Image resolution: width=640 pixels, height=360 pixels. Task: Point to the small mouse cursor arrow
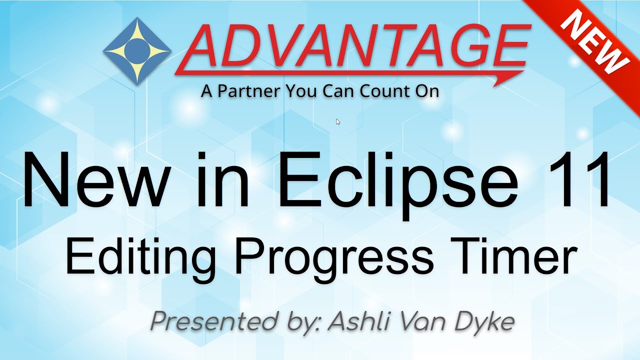pos(338,121)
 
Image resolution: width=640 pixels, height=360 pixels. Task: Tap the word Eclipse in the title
pos(397,180)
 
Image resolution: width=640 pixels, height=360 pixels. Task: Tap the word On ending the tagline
pos(426,91)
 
